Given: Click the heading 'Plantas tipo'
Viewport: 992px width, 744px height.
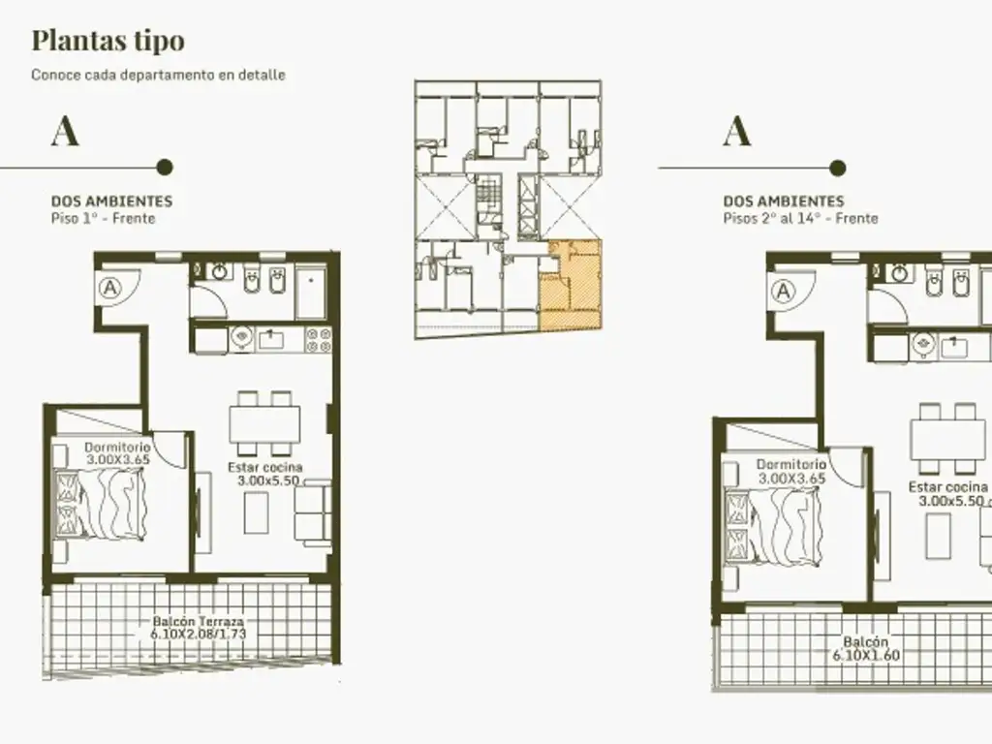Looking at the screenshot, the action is tap(108, 41).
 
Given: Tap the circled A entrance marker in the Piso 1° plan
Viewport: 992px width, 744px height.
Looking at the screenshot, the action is tap(110, 289).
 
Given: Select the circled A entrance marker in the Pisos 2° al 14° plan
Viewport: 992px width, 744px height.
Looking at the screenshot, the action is tap(783, 292).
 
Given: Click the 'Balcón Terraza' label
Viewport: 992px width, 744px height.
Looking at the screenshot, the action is tap(198, 621).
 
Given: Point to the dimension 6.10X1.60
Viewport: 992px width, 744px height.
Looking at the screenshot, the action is tap(865, 656).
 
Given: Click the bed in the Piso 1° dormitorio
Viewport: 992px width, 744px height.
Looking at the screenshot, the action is tap(100, 505).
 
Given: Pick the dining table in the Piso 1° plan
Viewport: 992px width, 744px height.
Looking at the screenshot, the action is tap(264, 423).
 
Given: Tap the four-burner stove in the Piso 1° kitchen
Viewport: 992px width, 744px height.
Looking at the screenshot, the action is tap(319, 340).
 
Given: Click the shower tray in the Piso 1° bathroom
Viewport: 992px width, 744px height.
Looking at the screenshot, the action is tap(311, 294).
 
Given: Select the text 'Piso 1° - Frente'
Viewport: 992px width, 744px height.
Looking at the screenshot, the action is tap(103, 218).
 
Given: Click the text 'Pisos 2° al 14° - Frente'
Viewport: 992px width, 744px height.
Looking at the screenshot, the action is tap(801, 218).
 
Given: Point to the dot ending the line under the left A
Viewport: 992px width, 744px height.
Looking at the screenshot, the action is tap(165, 167).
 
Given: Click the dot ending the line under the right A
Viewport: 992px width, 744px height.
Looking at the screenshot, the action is tap(838, 168).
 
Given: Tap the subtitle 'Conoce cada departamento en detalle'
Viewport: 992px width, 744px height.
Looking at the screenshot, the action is tap(158, 75).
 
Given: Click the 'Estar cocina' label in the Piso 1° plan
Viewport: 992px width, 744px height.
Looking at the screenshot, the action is tap(265, 467).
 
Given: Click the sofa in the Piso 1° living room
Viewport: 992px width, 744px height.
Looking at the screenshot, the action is tap(313, 513).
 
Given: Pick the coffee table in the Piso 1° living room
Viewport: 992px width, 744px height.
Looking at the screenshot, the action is tap(256, 512).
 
